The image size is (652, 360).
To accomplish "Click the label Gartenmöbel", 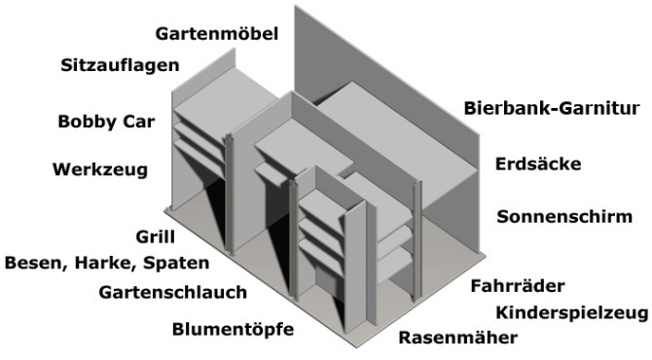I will pos(216,34).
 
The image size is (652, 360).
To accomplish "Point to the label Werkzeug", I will pos(99,170).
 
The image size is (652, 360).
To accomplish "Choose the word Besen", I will pos(34,262).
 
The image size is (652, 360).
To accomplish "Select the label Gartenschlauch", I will pos(172,291).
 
